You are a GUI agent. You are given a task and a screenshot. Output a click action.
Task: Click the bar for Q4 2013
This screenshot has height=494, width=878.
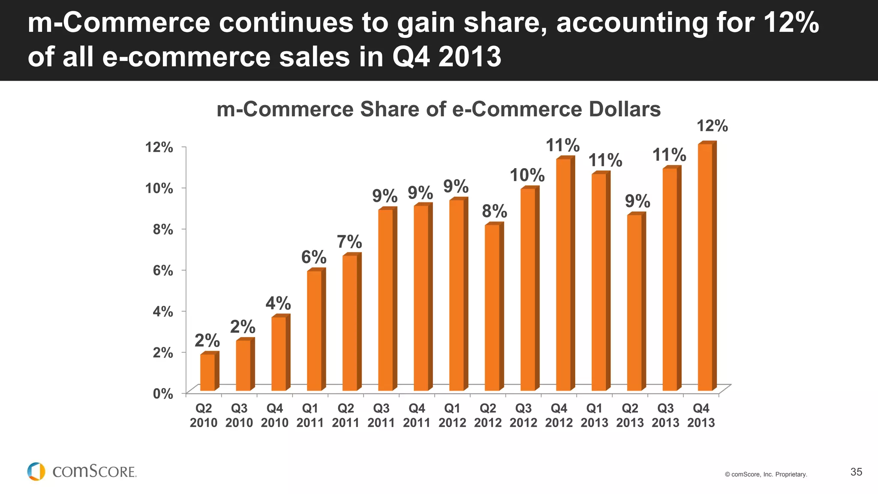click(705, 268)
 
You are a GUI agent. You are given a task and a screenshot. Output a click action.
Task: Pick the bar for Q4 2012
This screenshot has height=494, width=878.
click(563, 274)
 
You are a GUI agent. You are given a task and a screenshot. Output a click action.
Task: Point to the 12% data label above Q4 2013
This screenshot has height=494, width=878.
click(712, 126)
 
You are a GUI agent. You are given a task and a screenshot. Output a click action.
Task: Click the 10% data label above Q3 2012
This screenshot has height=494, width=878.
click(527, 175)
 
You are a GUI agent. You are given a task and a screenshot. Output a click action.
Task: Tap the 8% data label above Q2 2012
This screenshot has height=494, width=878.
click(494, 211)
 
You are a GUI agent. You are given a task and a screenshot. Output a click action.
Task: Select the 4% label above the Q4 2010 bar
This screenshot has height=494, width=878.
click(278, 304)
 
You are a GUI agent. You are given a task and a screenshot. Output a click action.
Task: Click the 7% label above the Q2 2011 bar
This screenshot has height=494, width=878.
click(349, 242)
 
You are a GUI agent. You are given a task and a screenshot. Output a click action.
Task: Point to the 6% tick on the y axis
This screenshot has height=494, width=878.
click(163, 271)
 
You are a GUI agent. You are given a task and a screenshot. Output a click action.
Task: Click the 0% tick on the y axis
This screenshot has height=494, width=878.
click(163, 394)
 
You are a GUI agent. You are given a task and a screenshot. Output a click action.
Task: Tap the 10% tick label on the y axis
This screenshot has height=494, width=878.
click(159, 188)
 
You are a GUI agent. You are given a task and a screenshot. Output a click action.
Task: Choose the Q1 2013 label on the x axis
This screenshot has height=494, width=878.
click(594, 416)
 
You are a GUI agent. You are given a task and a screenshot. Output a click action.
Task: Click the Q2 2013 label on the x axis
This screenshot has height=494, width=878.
click(630, 416)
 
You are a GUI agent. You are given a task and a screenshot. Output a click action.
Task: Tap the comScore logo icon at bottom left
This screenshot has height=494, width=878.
click(36, 471)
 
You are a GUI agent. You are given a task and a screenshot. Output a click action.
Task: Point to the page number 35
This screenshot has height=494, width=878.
click(856, 472)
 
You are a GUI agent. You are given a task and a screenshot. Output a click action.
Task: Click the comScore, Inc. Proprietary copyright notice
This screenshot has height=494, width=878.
click(766, 474)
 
